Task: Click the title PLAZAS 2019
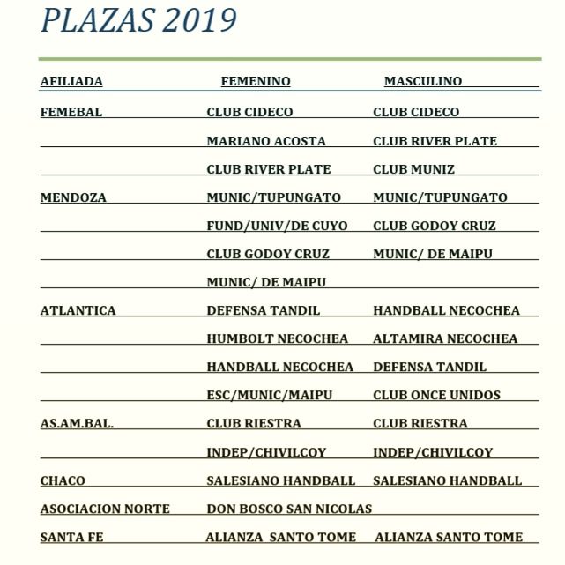(138, 20)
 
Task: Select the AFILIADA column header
(71, 81)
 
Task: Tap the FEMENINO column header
(256, 81)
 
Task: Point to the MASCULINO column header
(423, 81)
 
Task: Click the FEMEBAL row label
(71, 112)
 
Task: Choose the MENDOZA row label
(73, 197)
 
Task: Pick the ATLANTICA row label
(78, 310)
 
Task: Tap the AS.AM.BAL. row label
(77, 423)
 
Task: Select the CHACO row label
(63, 480)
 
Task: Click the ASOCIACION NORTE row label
(105, 509)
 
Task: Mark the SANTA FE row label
(72, 537)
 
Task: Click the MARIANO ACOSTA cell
(266, 141)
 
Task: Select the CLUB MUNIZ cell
(414, 169)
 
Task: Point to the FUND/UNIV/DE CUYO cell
(277, 226)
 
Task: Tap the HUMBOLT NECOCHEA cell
(278, 338)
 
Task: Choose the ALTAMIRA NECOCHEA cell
(445, 338)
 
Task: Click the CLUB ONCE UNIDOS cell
(436, 395)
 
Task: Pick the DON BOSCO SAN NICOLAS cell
(289, 509)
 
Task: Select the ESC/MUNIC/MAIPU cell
(270, 395)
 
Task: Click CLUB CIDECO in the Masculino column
(416, 112)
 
